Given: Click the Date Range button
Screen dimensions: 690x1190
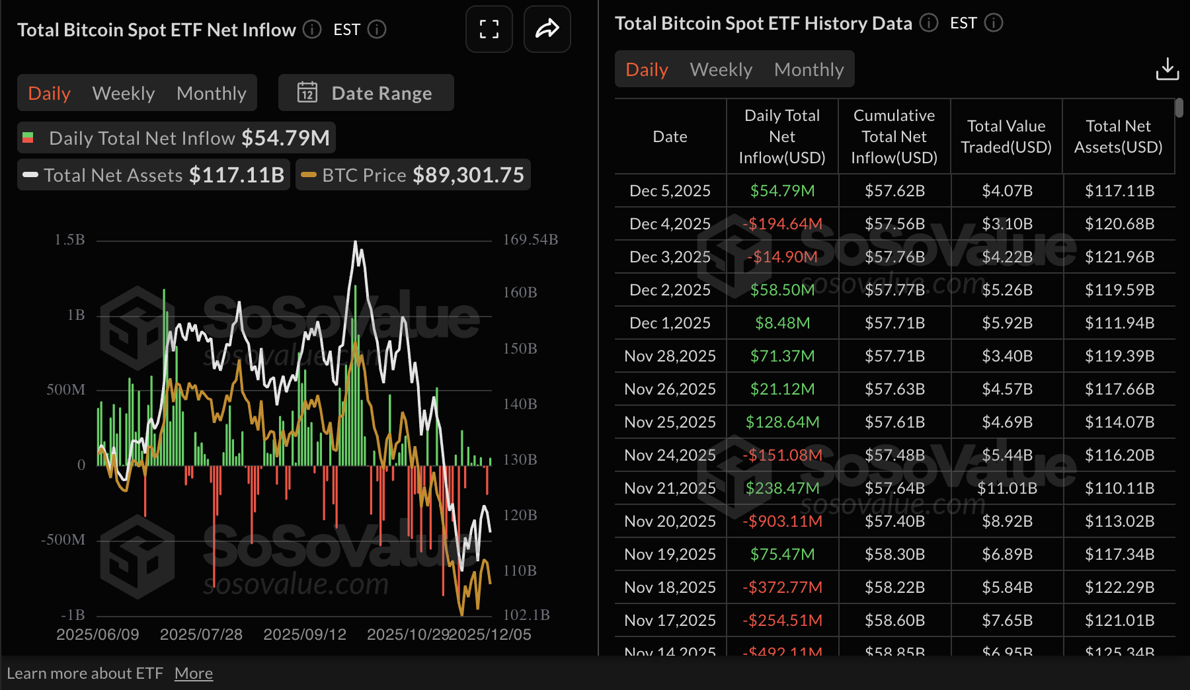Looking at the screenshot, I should click(366, 93).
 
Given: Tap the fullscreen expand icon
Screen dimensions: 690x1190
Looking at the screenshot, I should click(489, 29).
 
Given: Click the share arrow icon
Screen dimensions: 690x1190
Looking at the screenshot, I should click(547, 29).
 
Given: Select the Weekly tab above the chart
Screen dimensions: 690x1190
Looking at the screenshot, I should click(124, 93).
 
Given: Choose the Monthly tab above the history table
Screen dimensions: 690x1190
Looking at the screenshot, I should click(809, 69).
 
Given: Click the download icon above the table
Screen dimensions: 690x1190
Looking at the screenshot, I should click(1167, 69).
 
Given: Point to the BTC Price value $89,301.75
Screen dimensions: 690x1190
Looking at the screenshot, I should click(468, 175).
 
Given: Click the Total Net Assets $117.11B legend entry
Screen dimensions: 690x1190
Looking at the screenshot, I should click(153, 175).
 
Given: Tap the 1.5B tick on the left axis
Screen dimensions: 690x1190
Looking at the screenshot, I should click(69, 239).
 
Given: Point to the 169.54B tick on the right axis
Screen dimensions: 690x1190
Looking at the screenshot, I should click(530, 239).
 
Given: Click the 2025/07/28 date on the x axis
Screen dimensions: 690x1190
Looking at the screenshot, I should click(201, 634).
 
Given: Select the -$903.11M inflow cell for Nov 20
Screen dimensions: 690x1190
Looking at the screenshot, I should click(782, 521).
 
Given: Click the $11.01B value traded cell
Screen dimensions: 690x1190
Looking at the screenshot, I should click(1007, 488).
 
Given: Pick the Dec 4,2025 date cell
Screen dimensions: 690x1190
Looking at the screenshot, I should click(670, 224).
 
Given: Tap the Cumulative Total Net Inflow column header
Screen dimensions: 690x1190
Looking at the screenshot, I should click(894, 137).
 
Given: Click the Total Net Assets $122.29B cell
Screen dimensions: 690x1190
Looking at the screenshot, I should click(1119, 588).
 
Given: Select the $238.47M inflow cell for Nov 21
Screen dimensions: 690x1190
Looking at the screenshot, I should click(782, 488).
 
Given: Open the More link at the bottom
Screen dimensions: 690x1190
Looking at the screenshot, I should click(194, 673).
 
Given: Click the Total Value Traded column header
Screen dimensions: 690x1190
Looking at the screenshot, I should click(1006, 137).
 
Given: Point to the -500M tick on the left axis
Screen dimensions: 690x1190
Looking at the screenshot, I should click(63, 539).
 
